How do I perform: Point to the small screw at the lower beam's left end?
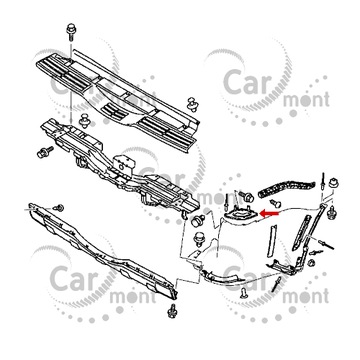click(57, 204)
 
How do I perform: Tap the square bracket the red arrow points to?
click(240, 212)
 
